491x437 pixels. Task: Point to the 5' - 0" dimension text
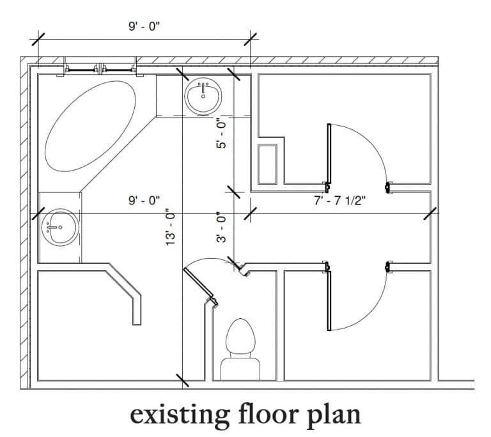221,134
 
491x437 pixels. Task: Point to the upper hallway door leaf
329,155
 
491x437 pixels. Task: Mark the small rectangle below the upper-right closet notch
267,164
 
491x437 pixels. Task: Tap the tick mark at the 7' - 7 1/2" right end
430,212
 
